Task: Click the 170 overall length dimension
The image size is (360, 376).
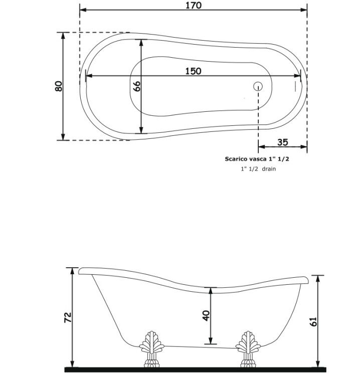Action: pyautogui.click(x=194, y=6)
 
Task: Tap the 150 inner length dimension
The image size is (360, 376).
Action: pyautogui.click(x=194, y=71)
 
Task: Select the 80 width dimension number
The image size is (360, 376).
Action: pyautogui.click(x=59, y=86)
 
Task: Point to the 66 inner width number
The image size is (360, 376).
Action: pyautogui.click(x=136, y=86)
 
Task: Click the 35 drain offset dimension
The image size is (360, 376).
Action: pyautogui.click(x=282, y=142)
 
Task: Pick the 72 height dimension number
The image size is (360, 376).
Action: pyautogui.click(x=68, y=317)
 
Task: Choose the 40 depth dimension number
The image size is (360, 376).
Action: pyautogui.click(x=206, y=315)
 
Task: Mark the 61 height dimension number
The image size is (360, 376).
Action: pyautogui.click(x=313, y=321)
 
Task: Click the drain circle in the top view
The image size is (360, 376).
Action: pyautogui.click(x=258, y=86)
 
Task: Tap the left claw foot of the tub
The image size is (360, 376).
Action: pyautogui.click(x=151, y=349)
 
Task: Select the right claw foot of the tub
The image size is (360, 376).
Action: pyautogui.click(x=248, y=349)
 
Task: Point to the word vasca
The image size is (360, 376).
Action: pyautogui.click(x=255, y=159)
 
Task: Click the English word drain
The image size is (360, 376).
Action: pyautogui.click(x=269, y=169)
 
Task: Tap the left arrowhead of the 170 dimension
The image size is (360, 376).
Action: pyautogui.click(x=83, y=10)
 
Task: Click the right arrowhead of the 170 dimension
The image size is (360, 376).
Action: pyautogui.click(x=304, y=10)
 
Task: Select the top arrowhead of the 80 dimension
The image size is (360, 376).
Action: pyautogui.click(x=63, y=36)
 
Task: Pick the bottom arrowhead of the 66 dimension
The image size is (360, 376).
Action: pyautogui.click(x=141, y=130)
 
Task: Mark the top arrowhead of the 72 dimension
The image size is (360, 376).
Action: pyautogui.click(x=72, y=271)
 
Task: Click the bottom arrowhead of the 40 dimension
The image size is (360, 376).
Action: pyautogui.click(x=211, y=341)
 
